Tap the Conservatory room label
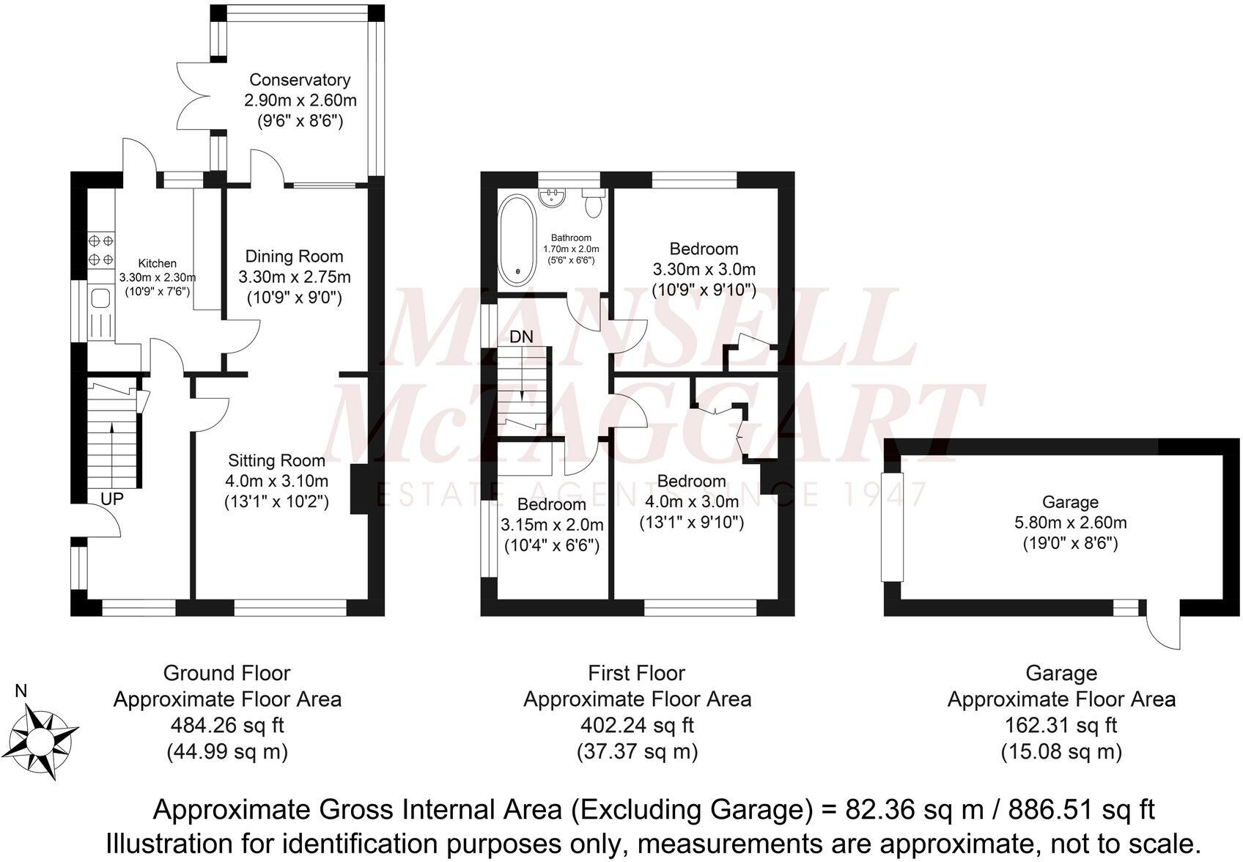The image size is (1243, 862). click(300, 80)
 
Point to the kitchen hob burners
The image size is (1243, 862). click(100, 249)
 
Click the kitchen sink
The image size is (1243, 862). click(100, 298)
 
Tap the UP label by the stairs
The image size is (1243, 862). click(112, 499)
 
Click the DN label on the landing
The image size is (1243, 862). click(521, 337)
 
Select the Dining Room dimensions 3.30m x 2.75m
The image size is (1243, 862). click(294, 277)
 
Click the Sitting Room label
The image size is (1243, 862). click(276, 460)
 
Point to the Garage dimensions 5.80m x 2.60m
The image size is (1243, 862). click(1070, 523)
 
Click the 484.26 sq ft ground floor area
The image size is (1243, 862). click(226, 726)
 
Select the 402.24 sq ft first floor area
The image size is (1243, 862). click(636, 726)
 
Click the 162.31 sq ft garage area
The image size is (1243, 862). click(1061, 726)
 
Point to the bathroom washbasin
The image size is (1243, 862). click(550, 196)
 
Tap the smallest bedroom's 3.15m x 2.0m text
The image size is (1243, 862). click(552, 525)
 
